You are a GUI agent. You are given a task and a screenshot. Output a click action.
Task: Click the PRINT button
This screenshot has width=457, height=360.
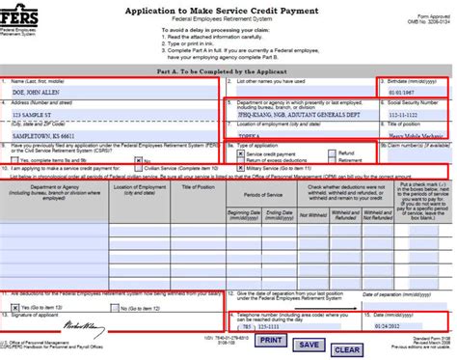click(x=271, y=340)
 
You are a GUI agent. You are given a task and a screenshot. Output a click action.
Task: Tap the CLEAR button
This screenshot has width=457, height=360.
click(x=346, y=349)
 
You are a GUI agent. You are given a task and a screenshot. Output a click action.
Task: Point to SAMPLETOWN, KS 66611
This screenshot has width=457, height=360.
click(x=46, y=137)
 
